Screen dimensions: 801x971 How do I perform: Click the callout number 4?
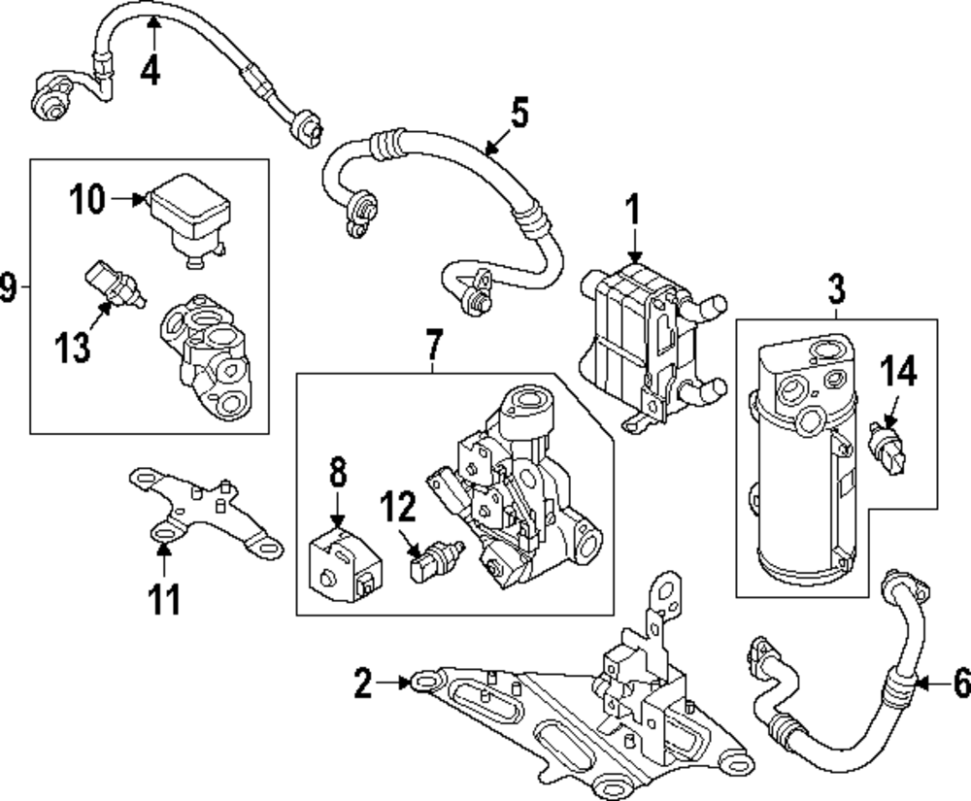pos(150,72)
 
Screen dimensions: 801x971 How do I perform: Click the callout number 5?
pos(519,114)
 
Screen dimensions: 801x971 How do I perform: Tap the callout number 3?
pos(836,288)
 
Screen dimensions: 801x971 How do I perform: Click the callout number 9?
pos(9,287)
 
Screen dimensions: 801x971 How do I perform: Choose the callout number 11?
pos(163,598)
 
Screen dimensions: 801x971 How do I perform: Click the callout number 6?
pos(960,684)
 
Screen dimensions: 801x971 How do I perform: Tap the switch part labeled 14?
pos(887,448)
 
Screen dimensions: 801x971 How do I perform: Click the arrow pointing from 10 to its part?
pos(127,200)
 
